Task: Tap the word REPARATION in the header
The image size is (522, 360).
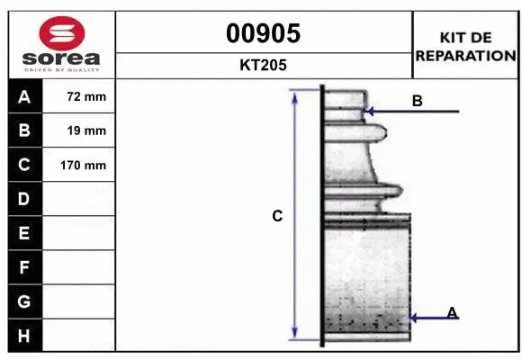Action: pyautogui.click(x=465, y=55)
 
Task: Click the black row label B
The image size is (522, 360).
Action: pyautogui.click(x=24, y=131)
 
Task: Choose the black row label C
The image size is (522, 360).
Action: pyautogui.click(x=24, y=166)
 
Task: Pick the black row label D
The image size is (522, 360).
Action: pyautogui.click(x=24, y=199)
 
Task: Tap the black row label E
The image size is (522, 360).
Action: pyautogui.click(x=24, y=233)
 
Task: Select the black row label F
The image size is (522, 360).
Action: pyautogui.click(x=24, y=267)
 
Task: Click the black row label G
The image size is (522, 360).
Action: pyautogui.click(x=24, y=301)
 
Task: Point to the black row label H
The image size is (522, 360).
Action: pyautogui.click(x=24, y=335)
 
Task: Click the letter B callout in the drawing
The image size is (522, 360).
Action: pyautogui.click(x=417, y=101)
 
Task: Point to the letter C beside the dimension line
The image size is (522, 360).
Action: pyautogui.click(x=277, y=216)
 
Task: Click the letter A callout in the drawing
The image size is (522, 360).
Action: pyautogui.click(x=452, y=312)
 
